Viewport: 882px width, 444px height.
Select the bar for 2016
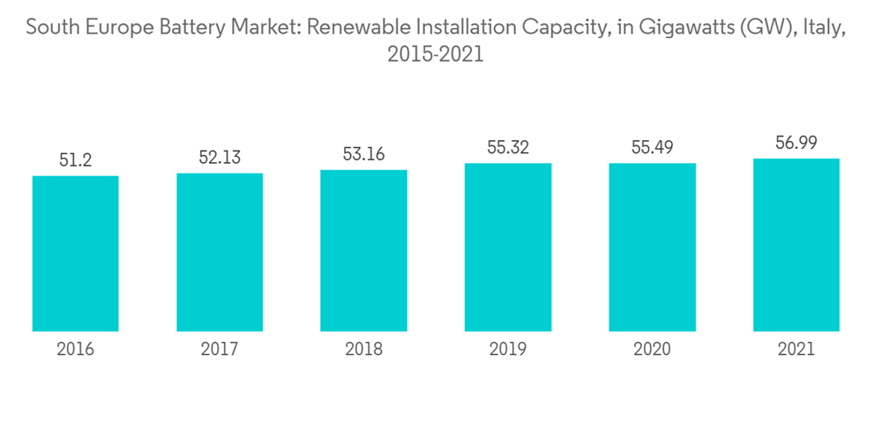pyautogui.click(x=75, y=254)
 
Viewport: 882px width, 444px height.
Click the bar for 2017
pyautogui.click(x=220, y=252)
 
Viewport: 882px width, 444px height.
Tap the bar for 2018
pyautogui.click(x=363, y=250)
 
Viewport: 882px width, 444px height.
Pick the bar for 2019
pyautogui.click(x=508, y=248)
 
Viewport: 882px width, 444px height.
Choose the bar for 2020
pyautogui.click(x=652, y=248)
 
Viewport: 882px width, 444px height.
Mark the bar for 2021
pyautogui.click(x=796, y=245)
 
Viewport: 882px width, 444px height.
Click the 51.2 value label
pyautogui.click(x=75, y=160)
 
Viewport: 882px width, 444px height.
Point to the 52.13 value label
pyautogui.click(x=220, y=158)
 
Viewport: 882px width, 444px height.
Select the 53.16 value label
pyautogui.click(x=363, y=154)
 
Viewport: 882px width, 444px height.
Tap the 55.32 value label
pyautogui.click(x=508, y=148)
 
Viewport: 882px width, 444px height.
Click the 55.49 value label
pyautogui.click(x=652, y=148)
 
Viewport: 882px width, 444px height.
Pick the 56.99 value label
pyautogui.click(x=796, y=144)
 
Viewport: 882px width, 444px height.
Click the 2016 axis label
pyautogui.click(x=75, y=350)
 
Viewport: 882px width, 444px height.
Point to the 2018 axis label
pyautogui.click(x=363, y=350)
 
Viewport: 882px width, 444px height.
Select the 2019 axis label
pyautogui.click(x=508, y=350)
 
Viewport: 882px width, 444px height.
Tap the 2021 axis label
pyautogui.click(x=796, y=350)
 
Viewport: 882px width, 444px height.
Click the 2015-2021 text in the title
pyautogui.click(x=436, y=55)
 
